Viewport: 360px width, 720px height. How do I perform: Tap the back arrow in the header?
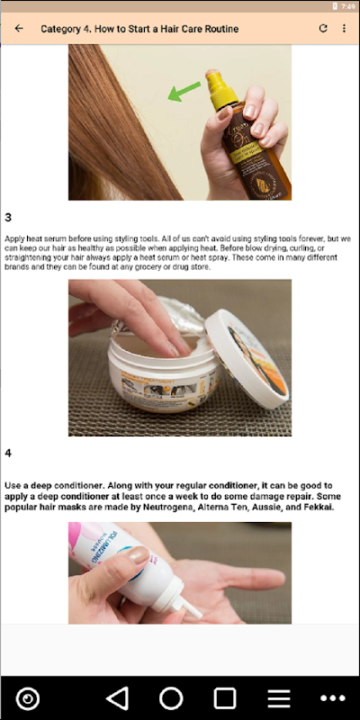tap(19, 29)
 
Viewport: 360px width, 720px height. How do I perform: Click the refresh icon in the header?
tap(323, 29)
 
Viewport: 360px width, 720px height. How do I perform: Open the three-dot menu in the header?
tap(344, 29)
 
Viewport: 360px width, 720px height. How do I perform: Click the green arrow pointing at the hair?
tap(184, 91)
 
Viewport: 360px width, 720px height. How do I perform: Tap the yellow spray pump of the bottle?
tap(220, 88)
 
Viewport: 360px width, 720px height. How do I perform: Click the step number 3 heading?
tap(8, 217)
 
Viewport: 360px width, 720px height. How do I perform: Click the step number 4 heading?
tap(8, 454)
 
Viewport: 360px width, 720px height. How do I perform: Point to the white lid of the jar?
tap(247, 357)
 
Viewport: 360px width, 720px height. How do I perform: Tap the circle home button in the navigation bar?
tap(171, 698)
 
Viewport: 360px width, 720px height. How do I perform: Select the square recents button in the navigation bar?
tap(225, 698)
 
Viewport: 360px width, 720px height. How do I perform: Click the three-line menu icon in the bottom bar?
tap(279, 699)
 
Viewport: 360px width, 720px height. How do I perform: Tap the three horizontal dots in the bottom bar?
tap(333, 698)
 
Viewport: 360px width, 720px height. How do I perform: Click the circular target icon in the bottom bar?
tap(28, 698)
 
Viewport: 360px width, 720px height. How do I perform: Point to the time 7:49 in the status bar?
tap(348, 6)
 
